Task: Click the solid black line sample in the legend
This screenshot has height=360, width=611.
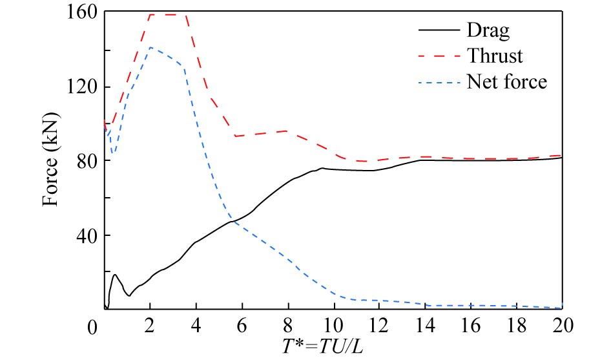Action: pyautogui.click(x=436, y=31)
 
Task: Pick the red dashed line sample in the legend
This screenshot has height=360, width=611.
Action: pyautogui.click(x=436, y=57)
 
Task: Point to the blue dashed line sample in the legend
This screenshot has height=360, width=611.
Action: pyautogui.click(x=436, y=83)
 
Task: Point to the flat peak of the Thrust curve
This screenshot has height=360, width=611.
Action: pyautogui.click(x=168, y=14)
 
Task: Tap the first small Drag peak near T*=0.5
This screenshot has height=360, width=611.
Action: pyautogui.click(x=115, y=275)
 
